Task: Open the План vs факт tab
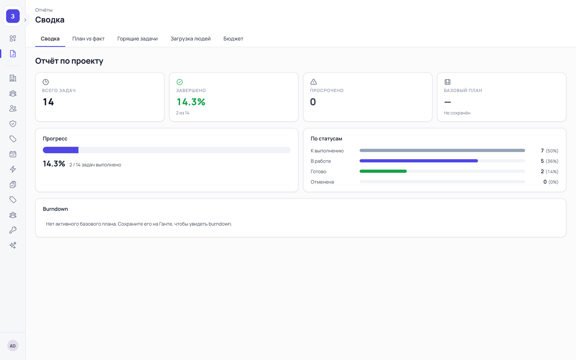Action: click(x=88, y=39)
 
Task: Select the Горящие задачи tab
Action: click(x=137, y=39)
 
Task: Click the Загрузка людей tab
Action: click(x=190, y=39)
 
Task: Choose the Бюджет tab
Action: click(x=233, y=39)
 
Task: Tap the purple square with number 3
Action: click(x=13, y=16)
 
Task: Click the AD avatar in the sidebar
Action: click(x=13, y=346)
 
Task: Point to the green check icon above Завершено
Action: click(x=180, y=82)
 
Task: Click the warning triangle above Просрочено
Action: click(x=314, y=82)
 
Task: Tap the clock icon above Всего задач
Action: click(x=45, y=82)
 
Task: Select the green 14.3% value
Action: click(x=191, y=102)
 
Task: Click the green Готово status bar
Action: click(x=383, y=171)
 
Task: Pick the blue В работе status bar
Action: click(x=419, y=161)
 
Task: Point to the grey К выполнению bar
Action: click(x=442, y=150)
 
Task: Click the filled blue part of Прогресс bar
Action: click(x=61, y=150)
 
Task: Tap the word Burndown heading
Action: click(x=55, y=209)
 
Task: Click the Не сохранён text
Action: click(x=457, y=113)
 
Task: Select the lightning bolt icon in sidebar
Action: click(x=13, y=169)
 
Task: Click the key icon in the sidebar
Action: click(x=13, y=230)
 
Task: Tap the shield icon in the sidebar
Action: click(x=13, y=124)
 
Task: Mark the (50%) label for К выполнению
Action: click(x=552, y=151)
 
